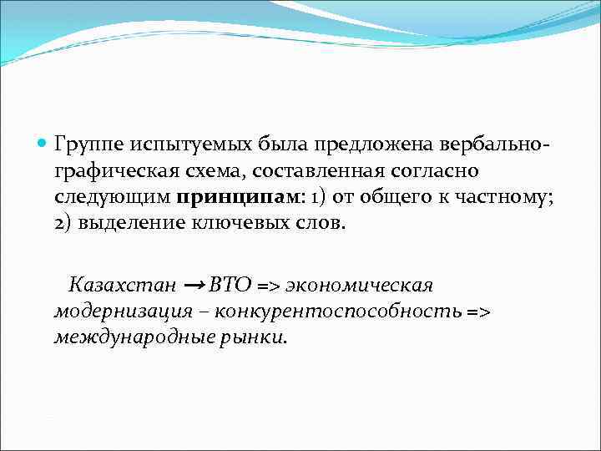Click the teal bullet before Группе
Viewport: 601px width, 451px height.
pos(43,144)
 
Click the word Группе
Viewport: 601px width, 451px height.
pos(87,145)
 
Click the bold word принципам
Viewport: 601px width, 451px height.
pos(224,199)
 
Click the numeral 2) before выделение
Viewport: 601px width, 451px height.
pos(64,225)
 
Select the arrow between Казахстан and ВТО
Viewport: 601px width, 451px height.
pos(194,285)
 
